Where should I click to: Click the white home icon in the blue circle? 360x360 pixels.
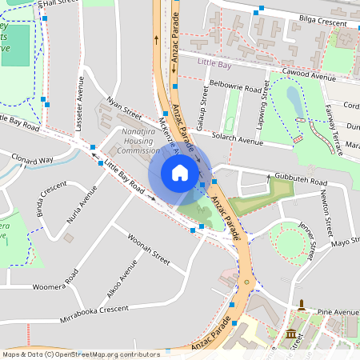180,172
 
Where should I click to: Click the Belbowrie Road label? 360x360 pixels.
234,85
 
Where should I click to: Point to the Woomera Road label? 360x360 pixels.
54,280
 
